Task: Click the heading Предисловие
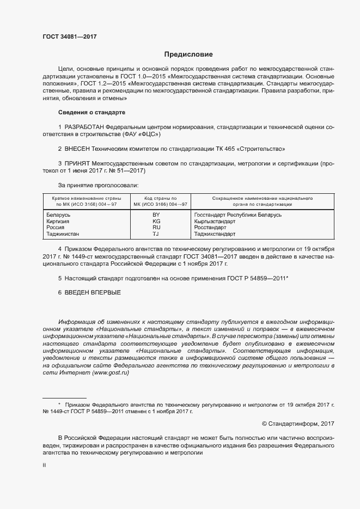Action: tap(188, 54)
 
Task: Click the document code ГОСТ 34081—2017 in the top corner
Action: tap(70, 36)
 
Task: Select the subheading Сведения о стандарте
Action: tap(91, 112)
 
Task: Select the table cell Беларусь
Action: tap(59, 216)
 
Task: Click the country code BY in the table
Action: tap(156, 216)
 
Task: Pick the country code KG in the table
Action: tap(156, 222)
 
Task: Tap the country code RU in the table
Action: tap(156, 228)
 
